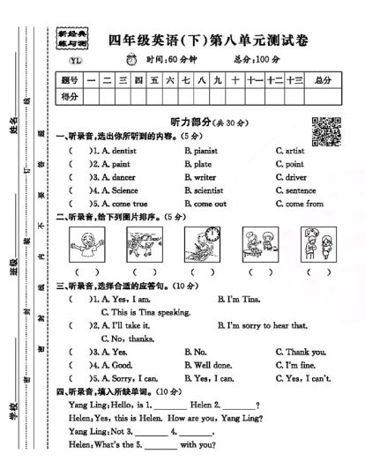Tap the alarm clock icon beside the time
[132, 59]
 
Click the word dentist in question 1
[122, 151]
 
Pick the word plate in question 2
[203, 164]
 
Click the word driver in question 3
[295, 177]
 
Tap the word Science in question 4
[124, 190]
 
